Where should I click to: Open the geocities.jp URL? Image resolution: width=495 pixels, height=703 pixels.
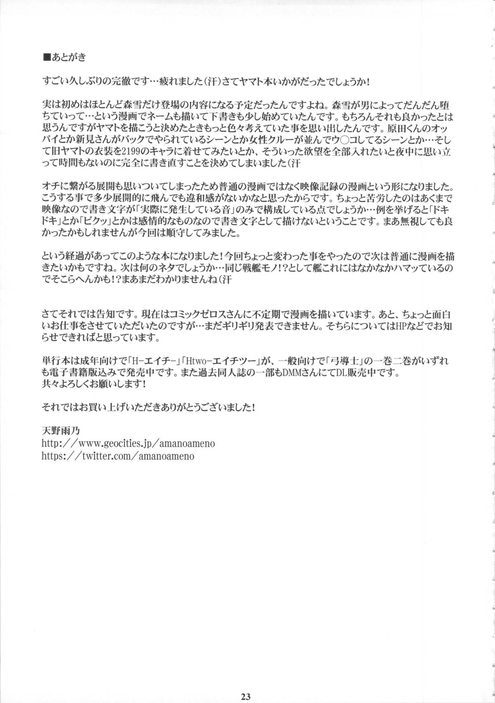coord(128,444)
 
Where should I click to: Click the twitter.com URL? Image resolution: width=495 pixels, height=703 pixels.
coord(118,456)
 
